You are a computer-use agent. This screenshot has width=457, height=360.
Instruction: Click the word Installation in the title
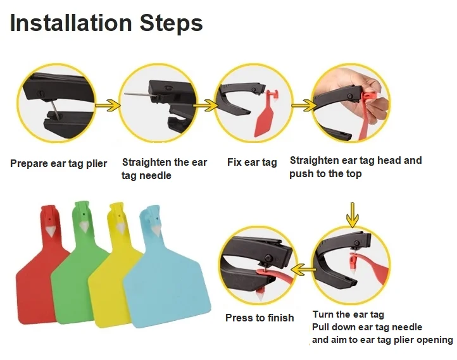point(71,23)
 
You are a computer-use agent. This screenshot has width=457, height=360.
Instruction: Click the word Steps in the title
point(171,23)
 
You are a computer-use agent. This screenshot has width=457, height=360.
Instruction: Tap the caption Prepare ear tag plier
point(59,164)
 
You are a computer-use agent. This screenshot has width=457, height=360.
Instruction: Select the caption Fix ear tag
point(252,163)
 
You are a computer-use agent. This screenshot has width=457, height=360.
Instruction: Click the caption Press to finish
point(260,318)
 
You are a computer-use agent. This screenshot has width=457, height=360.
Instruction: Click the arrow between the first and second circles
point(108,105)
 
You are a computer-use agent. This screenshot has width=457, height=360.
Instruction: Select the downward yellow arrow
point(353,215)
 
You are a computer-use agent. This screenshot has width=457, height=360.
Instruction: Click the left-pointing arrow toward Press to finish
point(304,270)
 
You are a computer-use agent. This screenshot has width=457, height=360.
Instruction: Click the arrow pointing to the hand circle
point(304,105)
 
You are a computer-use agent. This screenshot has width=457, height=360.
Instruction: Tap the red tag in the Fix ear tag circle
point(266,114)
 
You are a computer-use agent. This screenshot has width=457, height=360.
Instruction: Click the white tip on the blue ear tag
point(154,231)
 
